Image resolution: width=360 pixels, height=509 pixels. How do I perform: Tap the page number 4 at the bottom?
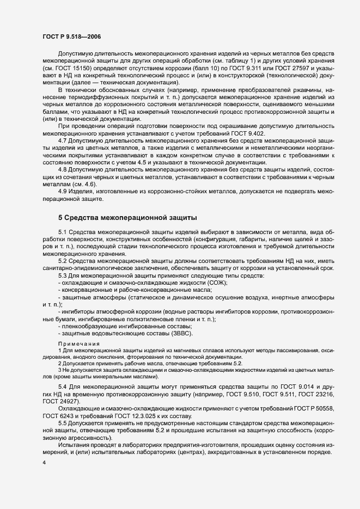coord(45,462)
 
